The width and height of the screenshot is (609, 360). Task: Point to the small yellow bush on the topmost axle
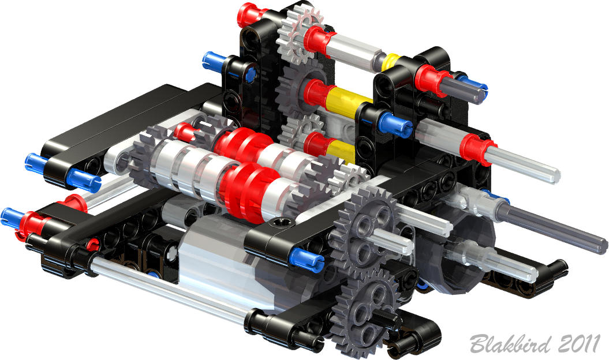click(x=391, y=60)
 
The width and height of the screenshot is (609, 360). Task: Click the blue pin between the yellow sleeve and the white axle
click(x=393, y=122)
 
